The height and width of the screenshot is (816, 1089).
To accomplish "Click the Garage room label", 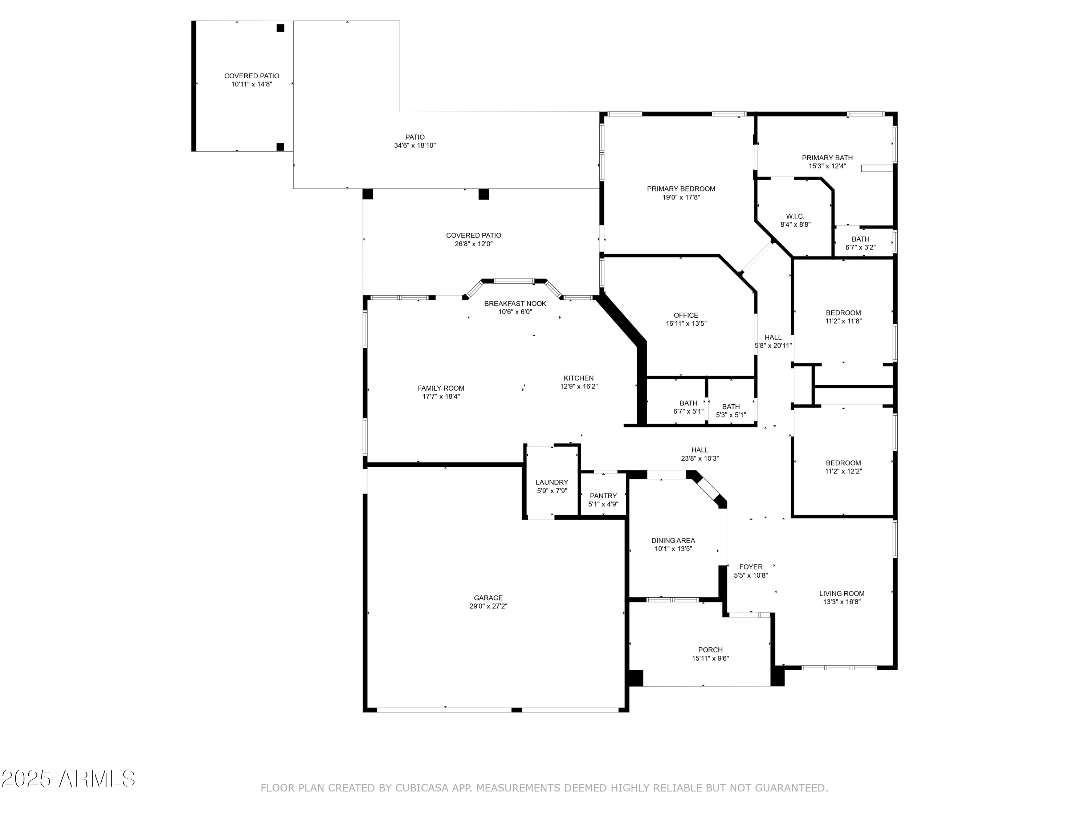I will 488,598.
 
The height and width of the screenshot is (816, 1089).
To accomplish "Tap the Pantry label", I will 603,496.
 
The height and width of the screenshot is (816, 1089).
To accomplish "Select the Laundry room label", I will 552,482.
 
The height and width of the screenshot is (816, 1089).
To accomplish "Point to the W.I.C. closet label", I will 795,217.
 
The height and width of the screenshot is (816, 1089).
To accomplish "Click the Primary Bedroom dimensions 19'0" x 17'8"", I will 681,197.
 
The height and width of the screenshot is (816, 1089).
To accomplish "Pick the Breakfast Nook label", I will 515,304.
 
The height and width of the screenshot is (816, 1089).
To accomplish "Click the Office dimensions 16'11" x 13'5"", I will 686,323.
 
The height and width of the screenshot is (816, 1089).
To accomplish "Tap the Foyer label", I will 751,566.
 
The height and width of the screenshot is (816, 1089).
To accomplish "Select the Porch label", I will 710,650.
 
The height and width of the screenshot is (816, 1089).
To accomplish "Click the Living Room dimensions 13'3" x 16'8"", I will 841,602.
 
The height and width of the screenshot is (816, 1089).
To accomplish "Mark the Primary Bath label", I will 827,158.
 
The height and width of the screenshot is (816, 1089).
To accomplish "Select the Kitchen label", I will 579,378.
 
